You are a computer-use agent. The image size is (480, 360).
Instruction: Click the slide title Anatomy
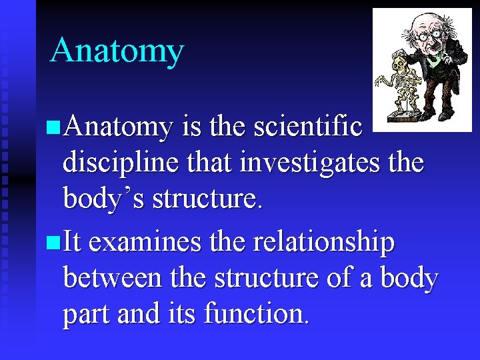point(117,50)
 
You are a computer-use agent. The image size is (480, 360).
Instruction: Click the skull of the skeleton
point(401,63)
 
